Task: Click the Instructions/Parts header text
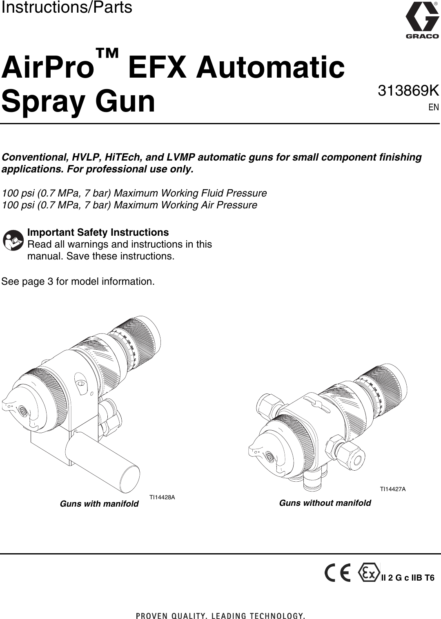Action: coord(67,7)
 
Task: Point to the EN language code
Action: coord(433,107)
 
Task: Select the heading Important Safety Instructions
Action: coord(98,232)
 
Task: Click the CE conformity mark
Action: coord(337,574)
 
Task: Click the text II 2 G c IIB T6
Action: coord(408,578)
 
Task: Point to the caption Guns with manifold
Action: coord(99,504)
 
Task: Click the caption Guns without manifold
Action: coord(325,503)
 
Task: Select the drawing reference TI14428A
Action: coord(162,497)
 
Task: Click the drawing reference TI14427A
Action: coord(393,489)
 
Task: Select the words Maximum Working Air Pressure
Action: coord(185,205)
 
